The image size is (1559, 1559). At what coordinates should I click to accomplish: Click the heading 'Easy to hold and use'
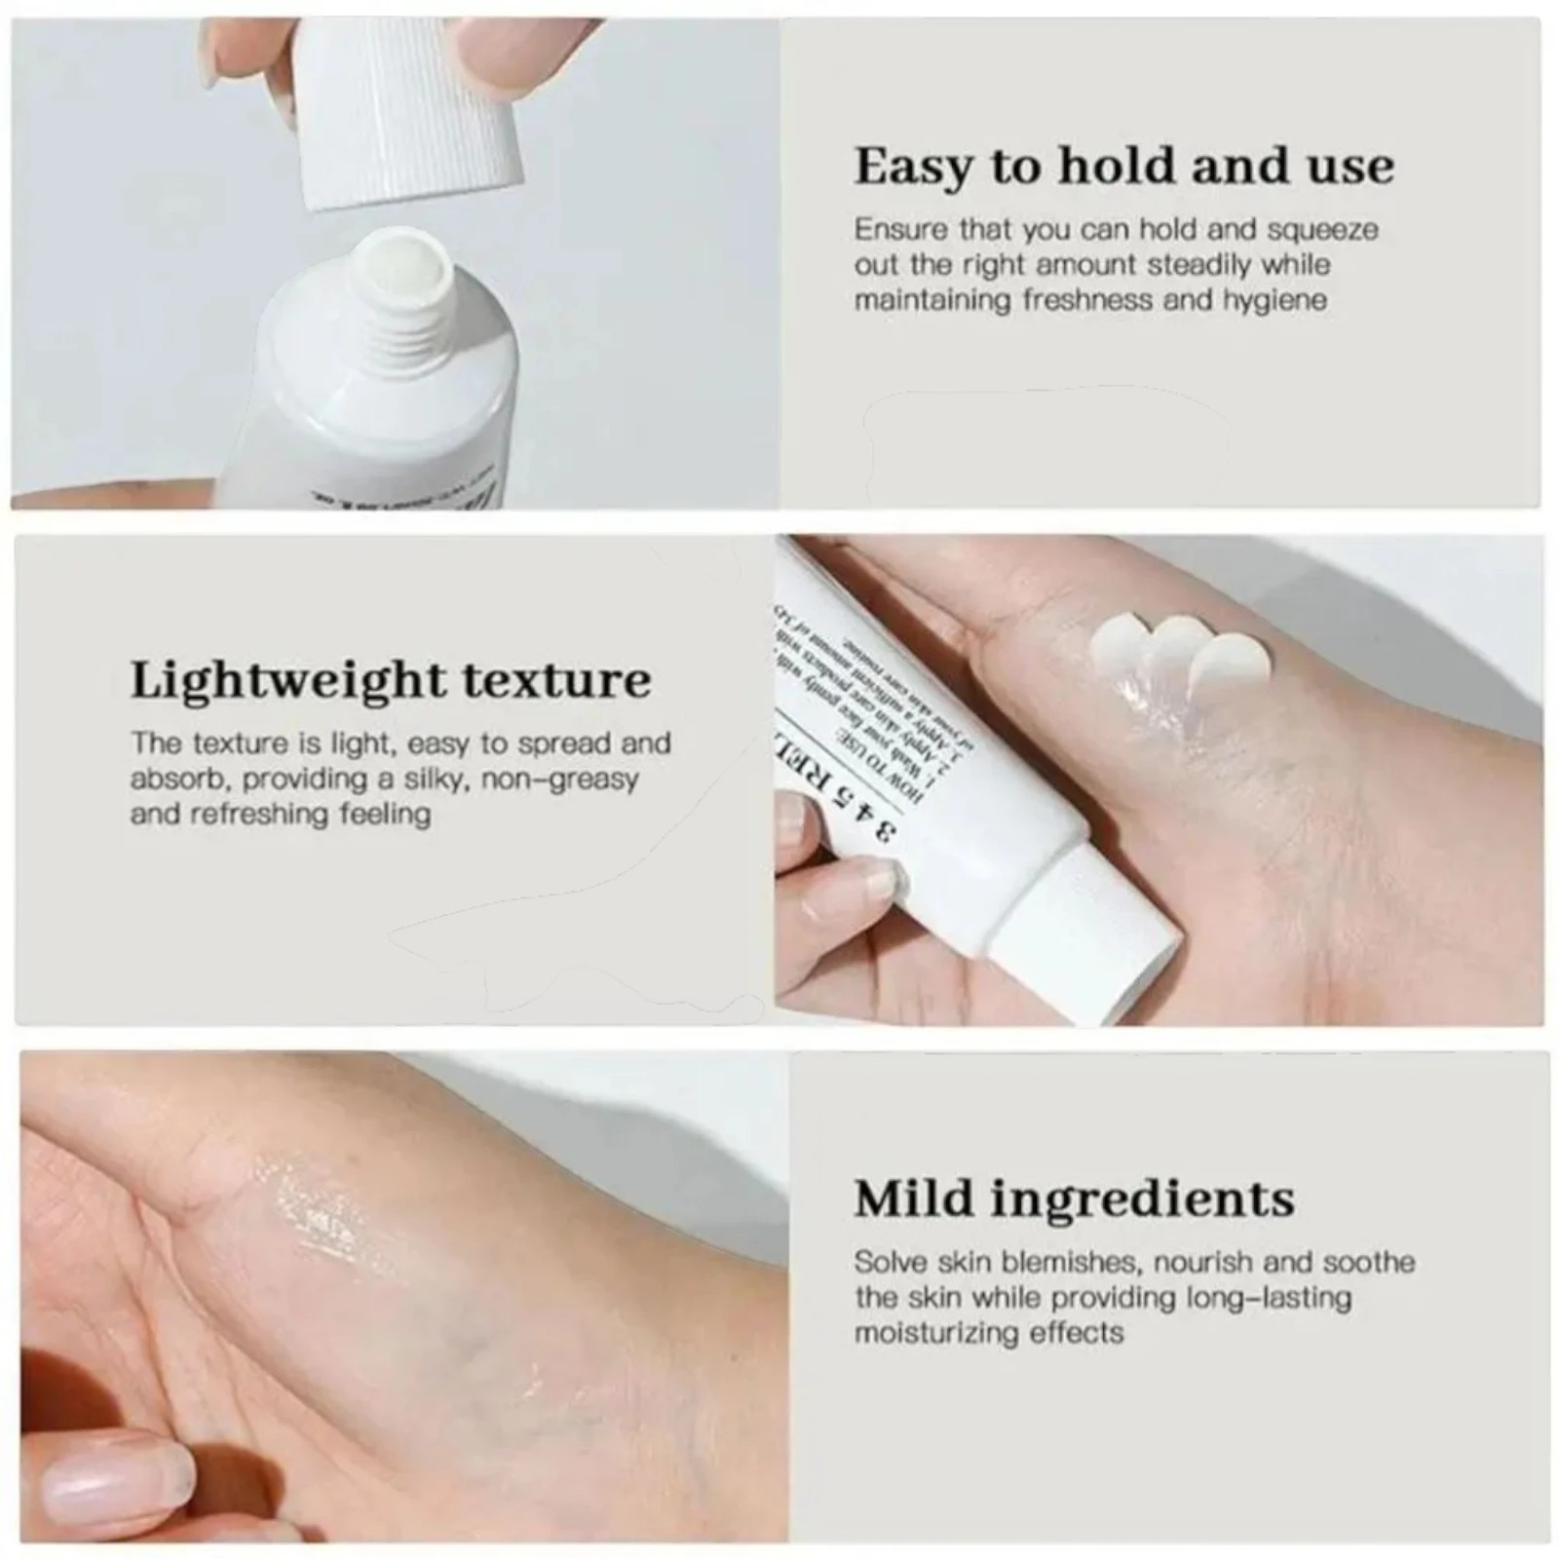coord(1123,166)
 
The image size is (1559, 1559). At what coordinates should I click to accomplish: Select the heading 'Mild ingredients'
coord(1074,1198)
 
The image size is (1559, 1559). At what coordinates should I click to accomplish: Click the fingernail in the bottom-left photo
coord(97,1486)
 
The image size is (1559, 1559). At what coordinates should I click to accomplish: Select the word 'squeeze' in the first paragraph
coord(1323,230)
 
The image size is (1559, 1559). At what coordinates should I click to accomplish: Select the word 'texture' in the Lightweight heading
coord(555,680)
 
